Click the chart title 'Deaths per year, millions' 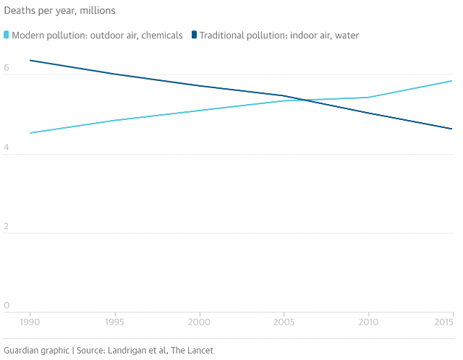(x=59, y=11)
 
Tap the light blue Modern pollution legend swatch (x=7, y=35)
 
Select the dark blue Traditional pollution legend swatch (x=194, y=35)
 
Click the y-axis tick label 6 (x=7, y=67)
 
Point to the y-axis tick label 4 (x=7, y=147)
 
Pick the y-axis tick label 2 (x=7, y=226)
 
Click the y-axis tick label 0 (x=7, y=305)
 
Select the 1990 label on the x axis (x=30, y=322)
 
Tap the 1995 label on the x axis (x=114, y=322)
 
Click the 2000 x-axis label (x=200, y=322)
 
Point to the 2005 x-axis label (x=284, y=322)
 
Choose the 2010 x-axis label (x=368, y=322)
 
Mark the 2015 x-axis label (x=443, y=322)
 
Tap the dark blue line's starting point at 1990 (x=30, y=61)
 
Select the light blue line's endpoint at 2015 (x=452, y=81)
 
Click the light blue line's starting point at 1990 (x=30, y=133)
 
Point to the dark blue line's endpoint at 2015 (x=452, y=129)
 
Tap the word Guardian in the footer (x=21, y=351)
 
